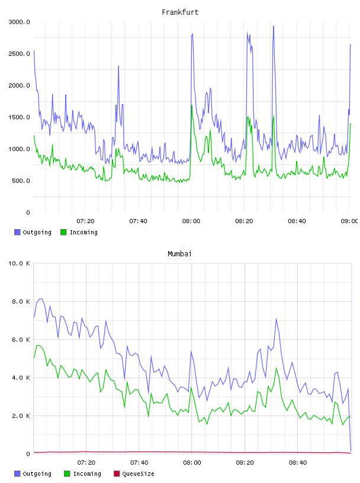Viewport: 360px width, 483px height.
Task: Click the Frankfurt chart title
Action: (180, 12)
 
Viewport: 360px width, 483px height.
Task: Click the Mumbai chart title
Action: (179, 254)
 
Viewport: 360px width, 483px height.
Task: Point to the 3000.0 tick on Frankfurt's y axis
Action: (19, 22)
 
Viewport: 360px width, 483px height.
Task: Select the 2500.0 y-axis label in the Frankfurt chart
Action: (19, 54)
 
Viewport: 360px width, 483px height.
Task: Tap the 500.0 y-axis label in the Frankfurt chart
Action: (21, 181)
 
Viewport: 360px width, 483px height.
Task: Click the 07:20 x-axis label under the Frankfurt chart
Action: (85, 221)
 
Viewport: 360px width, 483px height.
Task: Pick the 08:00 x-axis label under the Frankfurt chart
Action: (191, 221)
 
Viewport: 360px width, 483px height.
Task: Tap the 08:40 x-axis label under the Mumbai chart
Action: (298, 462)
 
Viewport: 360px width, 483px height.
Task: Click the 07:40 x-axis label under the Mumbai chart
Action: (139, 462)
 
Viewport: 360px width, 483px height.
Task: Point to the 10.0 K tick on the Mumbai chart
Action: (19, 263)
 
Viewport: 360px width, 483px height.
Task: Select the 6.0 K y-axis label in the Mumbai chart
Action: (21, 339)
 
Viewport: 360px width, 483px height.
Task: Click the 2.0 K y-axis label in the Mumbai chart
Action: (21, 416)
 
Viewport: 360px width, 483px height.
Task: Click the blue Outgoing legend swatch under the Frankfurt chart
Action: (17, 232)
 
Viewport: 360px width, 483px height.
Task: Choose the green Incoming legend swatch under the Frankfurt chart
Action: (63, 232)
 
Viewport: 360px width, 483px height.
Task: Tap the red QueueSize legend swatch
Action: (117, 474)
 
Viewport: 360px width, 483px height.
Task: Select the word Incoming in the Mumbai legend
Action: (87, 474)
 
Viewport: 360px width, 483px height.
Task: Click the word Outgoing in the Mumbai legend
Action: (37, 474)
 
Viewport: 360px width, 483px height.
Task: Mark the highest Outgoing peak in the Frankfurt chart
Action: (274, 26)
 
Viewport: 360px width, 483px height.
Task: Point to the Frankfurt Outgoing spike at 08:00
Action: (192, 34)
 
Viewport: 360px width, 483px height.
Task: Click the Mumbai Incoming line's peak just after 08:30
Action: (276, 368)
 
